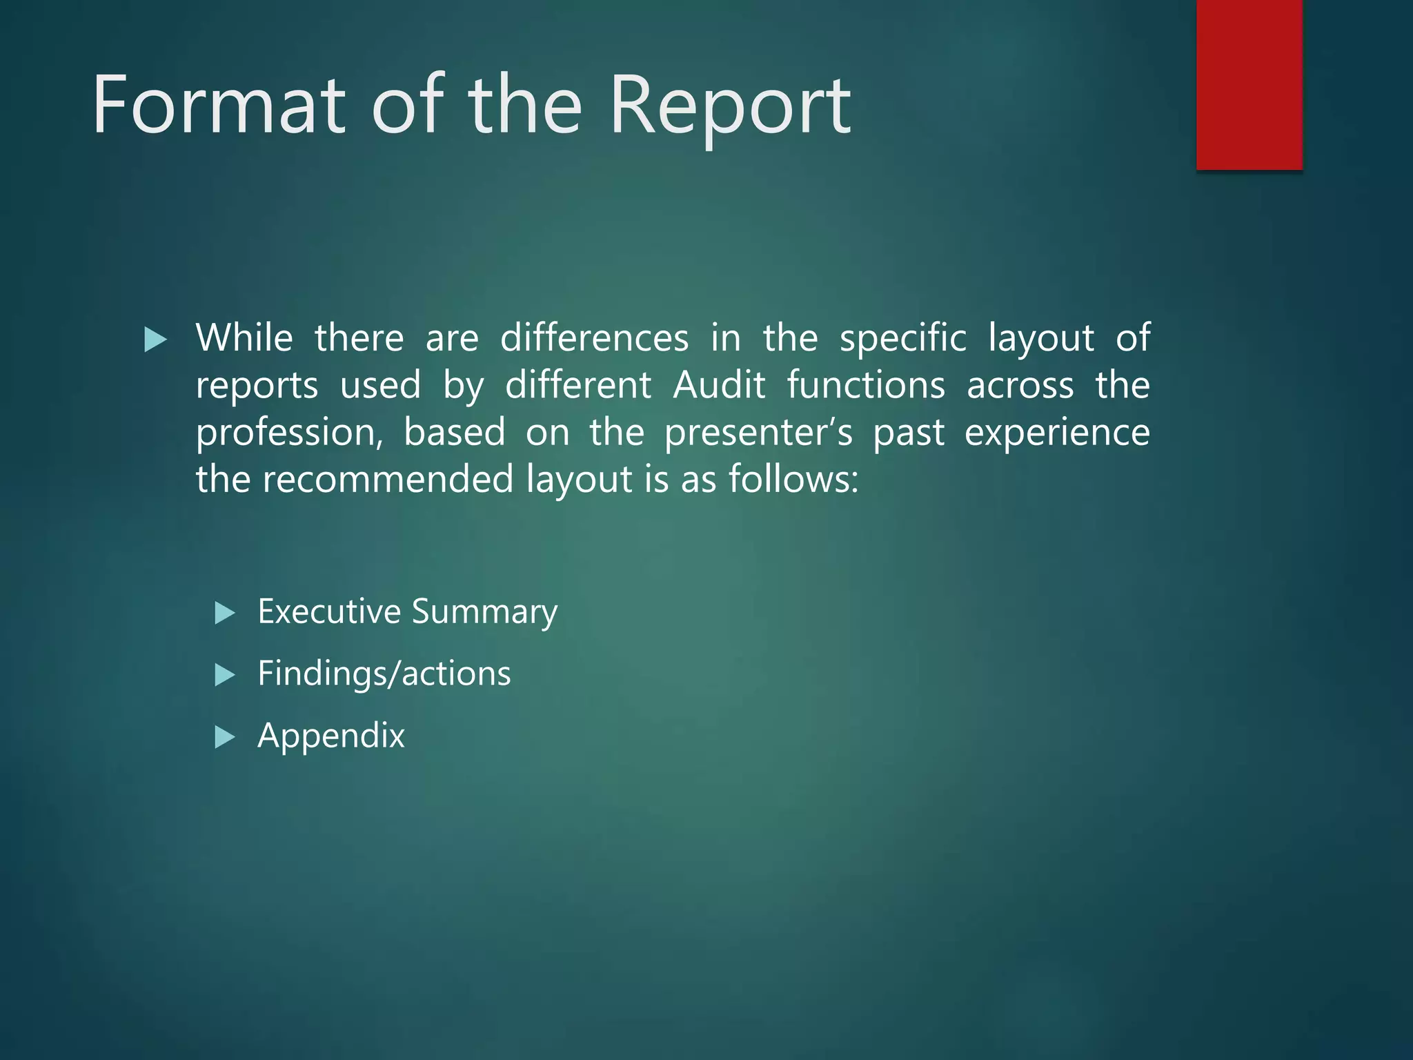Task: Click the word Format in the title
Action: (x=219, y=105)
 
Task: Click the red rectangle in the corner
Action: (x=1249, y=84)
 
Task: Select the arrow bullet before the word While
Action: (x=156, y=340)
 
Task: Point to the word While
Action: (x=244, y=338)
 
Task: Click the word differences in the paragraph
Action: (x=594, y=338)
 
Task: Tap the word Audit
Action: (x=719, y=385)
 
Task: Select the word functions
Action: (x=866, y=385)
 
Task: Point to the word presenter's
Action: (x=758, y=433)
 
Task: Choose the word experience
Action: (x=1057, y=433)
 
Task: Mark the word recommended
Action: (x=388, y=479)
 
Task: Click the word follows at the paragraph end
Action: (x=793, y=479)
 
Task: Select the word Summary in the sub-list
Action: (x=484, y=612)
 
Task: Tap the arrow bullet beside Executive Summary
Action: (x=225, y=613)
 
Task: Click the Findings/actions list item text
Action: (x=384, y=674)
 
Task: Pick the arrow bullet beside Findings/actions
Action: (x=225, y=675)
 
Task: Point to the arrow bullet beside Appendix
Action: (x=225, y=737)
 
